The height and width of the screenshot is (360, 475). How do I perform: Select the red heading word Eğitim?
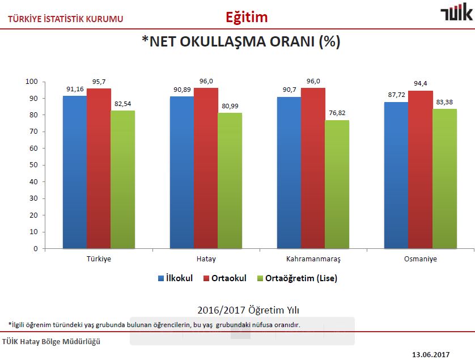pos(247,17)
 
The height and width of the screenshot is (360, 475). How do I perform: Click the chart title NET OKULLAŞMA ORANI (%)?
pos(240,41)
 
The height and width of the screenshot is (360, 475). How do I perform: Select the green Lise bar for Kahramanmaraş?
pos(337,184)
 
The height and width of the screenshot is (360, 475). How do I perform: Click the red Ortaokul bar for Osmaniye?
pos(421,170)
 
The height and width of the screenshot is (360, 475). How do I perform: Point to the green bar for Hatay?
pos(230,180)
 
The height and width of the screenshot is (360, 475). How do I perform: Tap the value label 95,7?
pos(99,82)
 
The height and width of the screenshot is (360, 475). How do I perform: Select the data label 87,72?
pos(396,95)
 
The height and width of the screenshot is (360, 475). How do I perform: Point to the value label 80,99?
pos(230,106)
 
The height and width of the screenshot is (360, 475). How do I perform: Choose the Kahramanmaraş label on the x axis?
pos(313,259)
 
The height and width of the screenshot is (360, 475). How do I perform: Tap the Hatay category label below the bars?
pos(206,259)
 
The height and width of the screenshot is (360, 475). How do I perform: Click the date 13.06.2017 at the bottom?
pos(430,354)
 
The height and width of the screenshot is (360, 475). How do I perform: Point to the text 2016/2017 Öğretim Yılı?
pos(240,310)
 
